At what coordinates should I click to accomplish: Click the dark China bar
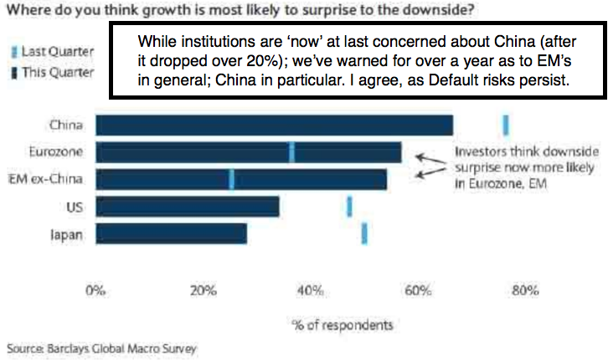coord(274,125)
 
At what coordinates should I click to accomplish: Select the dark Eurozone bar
coord(248,152)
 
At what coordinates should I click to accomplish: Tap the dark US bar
coord(187,207)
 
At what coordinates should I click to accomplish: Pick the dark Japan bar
coord(171,234)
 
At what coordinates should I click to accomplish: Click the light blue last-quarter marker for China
coord(506,125)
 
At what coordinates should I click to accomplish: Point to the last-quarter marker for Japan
coord(364,234)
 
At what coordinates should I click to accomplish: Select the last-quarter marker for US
coord(349,207)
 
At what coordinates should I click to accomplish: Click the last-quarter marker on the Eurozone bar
coord(291,152)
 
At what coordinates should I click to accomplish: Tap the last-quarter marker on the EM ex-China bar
coord(231,179)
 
